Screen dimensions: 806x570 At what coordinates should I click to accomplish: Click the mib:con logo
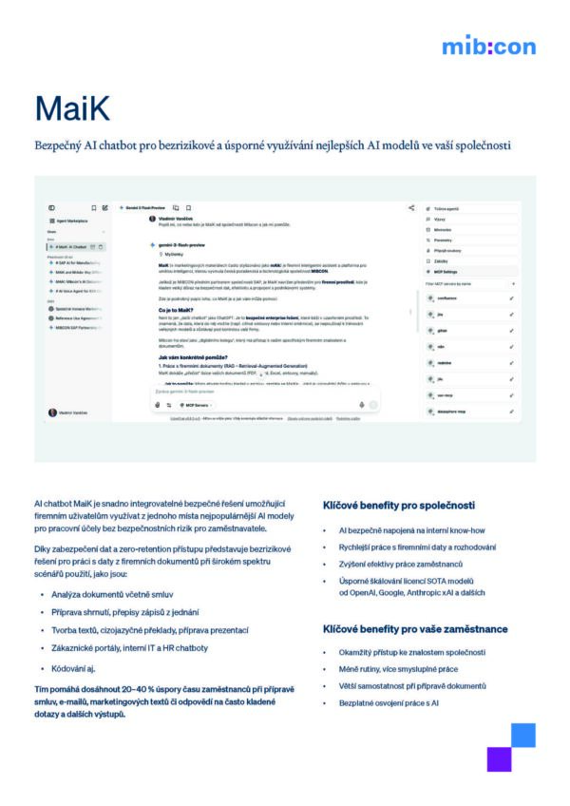[x=488, y=46]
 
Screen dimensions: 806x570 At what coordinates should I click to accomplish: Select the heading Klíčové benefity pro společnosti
[x=399, y=505]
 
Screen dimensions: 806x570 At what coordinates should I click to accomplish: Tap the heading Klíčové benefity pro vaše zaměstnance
[x=415, y=629]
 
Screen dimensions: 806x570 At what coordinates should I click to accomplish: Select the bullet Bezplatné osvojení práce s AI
[x=389, y=702]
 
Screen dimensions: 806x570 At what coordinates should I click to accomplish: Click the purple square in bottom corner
[x=499, y=758]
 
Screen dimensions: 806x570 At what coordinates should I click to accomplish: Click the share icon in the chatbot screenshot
[x=411, y=207]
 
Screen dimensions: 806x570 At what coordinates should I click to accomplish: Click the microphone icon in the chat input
[x=362, y=404]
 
